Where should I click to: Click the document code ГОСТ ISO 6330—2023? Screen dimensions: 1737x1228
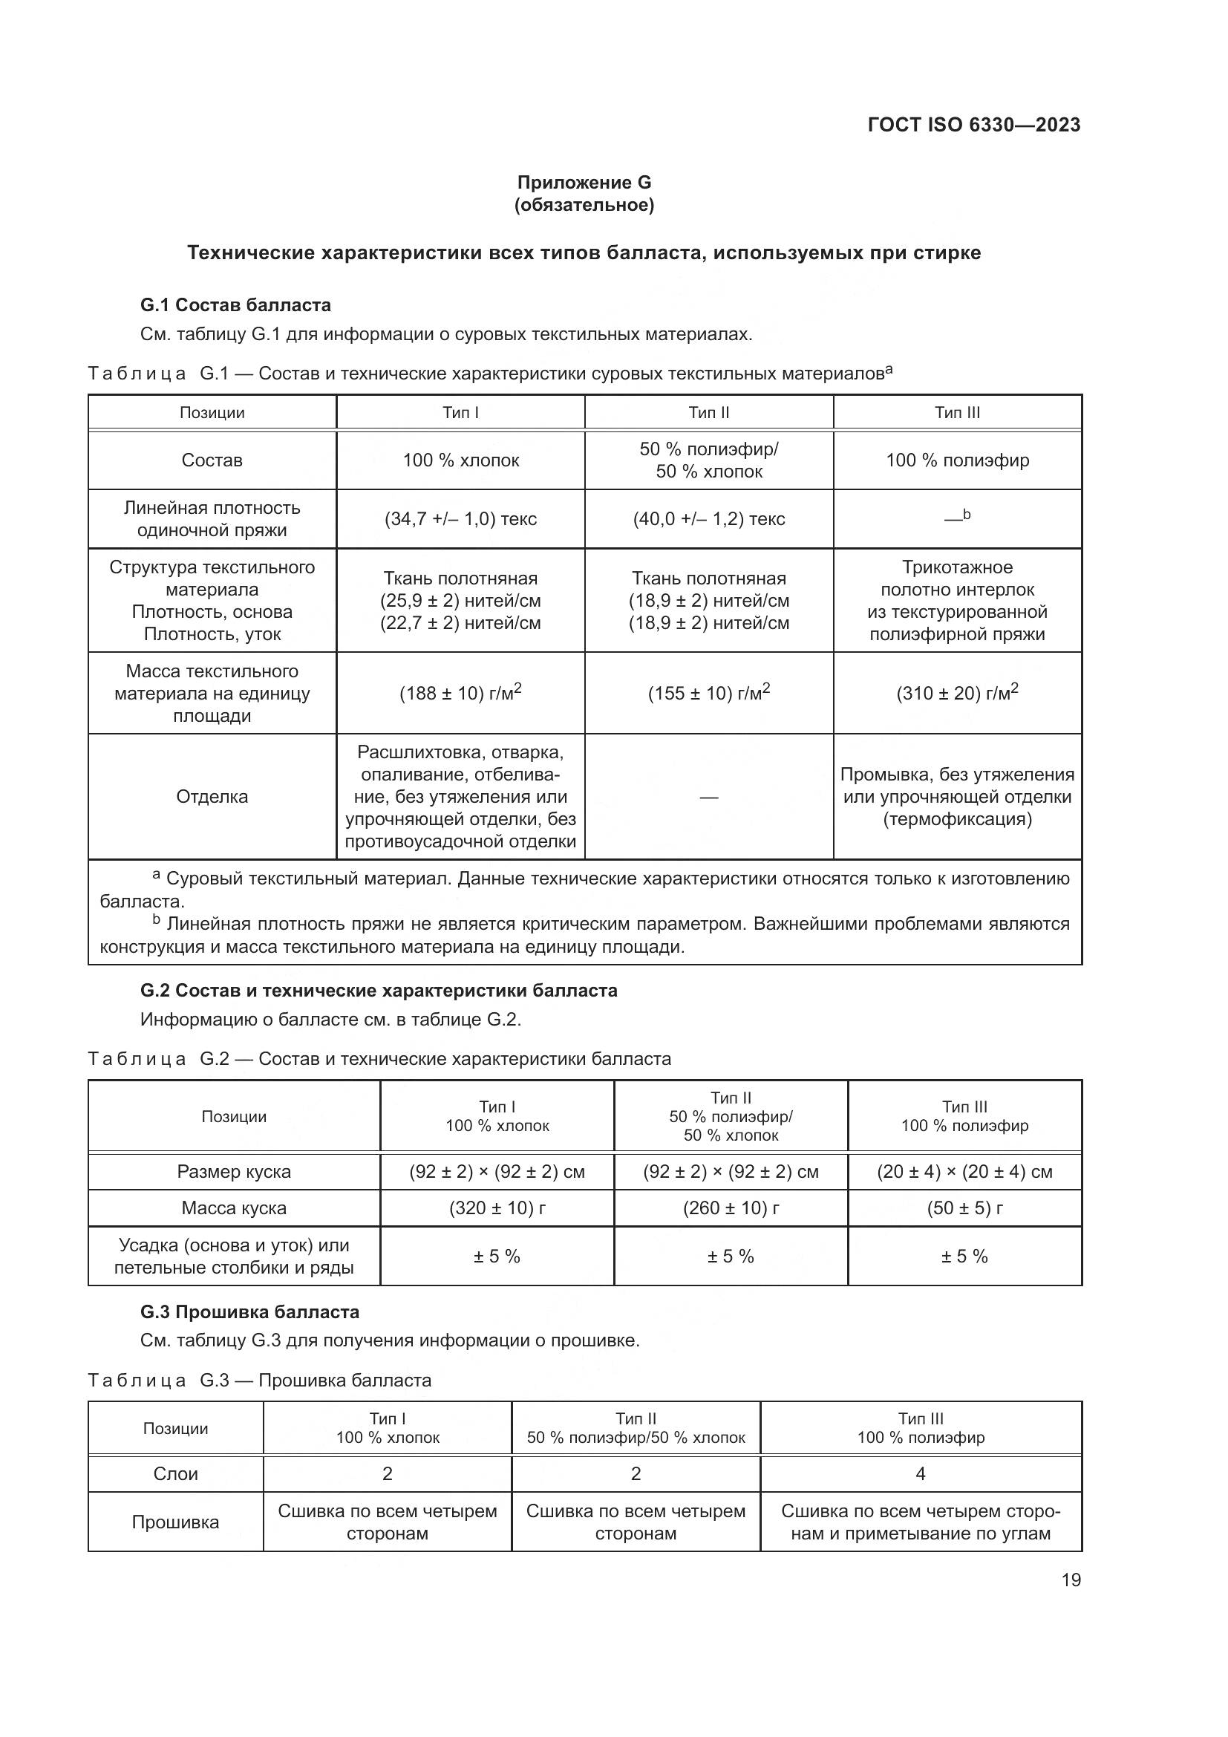click(973, 125)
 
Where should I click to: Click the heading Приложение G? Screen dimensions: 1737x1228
click(584, 183)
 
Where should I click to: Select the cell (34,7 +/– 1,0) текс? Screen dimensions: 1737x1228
click(460, 519)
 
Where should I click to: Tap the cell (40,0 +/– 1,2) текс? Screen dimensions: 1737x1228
click(708, 519)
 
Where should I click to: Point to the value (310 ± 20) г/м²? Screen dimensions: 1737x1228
click(956, 693)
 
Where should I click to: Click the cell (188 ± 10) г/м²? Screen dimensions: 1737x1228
click(460, 693)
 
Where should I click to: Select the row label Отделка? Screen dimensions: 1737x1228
click(212, 797)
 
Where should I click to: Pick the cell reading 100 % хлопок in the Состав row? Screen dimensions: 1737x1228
click(460, 460)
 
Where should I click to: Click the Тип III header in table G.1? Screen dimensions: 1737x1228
click(956, 412)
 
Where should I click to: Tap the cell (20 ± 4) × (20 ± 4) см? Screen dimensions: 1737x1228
click(964, 1172)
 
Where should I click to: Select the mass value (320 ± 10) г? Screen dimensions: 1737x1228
click(497, 1208)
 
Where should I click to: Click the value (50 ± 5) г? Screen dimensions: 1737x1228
click(964, 1208)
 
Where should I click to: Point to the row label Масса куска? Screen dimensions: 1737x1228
click(234, 1208)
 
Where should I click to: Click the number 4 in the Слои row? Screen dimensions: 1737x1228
click(920, 1473)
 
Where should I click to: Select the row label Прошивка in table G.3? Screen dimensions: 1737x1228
click(175, 1522)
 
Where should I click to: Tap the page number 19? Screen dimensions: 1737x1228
click(1071, 1580)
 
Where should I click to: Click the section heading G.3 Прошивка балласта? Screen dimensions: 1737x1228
click(249, 1311)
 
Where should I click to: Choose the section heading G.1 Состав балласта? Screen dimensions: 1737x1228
click(235, 305)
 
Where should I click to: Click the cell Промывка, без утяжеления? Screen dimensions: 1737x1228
click(956, 775)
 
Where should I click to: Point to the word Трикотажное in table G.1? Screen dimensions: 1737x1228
click(956, 567)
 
